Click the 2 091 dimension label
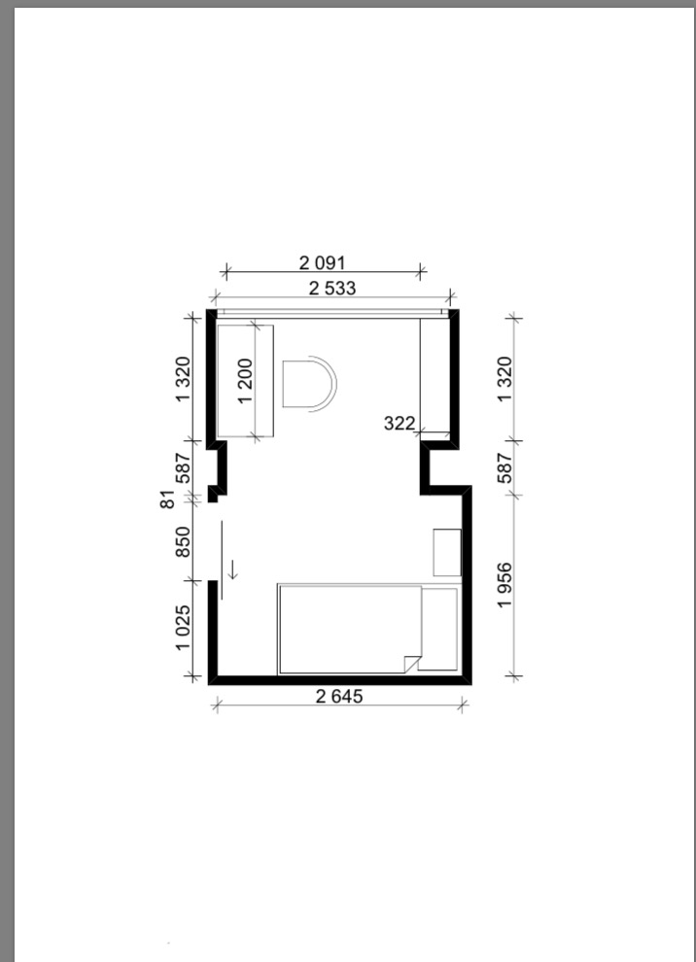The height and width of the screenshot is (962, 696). [322, 262]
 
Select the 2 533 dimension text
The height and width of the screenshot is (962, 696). [332, 288]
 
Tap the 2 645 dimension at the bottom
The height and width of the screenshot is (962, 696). [339, 697]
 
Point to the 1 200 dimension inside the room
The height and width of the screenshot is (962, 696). [245, 381]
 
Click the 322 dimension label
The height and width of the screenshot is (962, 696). [400, 423]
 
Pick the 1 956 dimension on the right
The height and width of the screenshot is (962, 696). [505, 585]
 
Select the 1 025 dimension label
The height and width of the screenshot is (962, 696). [183, 629]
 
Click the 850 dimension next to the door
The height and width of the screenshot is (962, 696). [183, 542]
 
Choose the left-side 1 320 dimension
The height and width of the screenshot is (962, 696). [183, 380]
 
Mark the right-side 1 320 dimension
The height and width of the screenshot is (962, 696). [505, 380]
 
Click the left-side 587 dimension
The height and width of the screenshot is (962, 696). [183, 468]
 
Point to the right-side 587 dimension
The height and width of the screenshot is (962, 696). [505, 468]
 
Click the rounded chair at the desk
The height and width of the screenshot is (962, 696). [309, 384]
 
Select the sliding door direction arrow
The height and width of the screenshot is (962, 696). [233, 569]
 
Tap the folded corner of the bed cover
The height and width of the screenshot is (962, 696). [410, 664]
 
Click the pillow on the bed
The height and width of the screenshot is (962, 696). [438, 629]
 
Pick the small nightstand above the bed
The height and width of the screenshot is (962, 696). [447, 552]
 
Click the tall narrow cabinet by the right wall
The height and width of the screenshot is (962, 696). [435, 375]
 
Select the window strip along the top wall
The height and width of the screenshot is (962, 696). [332, 312]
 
